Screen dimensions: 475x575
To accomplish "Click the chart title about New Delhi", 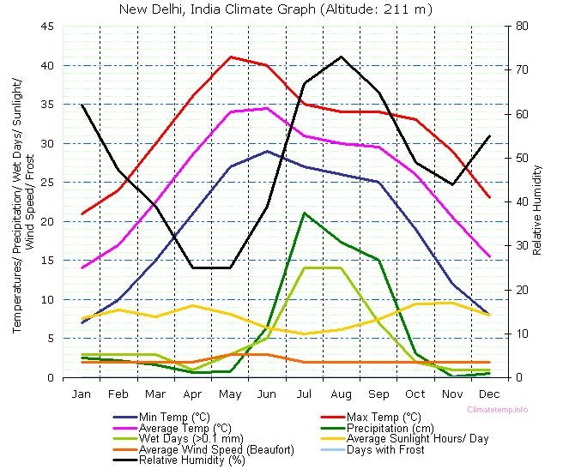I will (x=274, y=9).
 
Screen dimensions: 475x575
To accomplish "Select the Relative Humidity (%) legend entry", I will (x=191, y=460).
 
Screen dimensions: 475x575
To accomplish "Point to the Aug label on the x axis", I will (x=342, y=394).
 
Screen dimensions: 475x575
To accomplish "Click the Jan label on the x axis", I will (x=82, y=394).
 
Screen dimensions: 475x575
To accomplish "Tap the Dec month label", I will (x=489, y=394).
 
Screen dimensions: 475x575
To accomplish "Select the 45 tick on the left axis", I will (x=47, y=27).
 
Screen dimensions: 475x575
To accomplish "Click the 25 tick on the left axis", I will (x=47, y=183).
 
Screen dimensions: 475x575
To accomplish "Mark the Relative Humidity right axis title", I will (x=537, y=202).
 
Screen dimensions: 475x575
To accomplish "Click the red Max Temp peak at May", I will (x=230, y=57).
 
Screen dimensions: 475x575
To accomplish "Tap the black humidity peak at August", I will (x=342, y=57).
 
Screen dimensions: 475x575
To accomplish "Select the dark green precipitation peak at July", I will (x=304, y=213).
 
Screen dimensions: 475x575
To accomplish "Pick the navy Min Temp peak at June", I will (x=267, y=151).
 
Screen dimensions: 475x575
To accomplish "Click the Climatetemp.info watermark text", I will (x=498, y=410).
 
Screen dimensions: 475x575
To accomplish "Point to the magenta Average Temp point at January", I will (x=82, y=268).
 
